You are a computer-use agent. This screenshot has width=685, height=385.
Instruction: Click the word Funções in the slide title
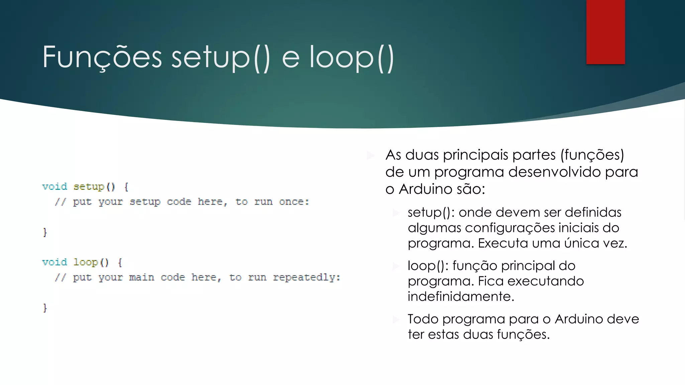102,57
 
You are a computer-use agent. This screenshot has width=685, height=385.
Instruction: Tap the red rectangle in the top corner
605,32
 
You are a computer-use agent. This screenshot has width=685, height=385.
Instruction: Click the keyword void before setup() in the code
55,186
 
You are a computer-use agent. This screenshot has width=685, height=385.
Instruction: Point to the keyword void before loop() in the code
55,262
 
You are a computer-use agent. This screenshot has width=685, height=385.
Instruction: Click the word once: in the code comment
294,202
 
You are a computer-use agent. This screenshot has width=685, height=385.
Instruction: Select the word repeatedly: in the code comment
306,277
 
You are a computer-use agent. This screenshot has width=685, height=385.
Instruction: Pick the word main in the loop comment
141,277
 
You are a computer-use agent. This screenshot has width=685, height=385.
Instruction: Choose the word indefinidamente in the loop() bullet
461,296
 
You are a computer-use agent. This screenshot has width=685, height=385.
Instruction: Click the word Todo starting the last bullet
423,319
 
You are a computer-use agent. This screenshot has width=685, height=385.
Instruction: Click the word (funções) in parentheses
592,155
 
